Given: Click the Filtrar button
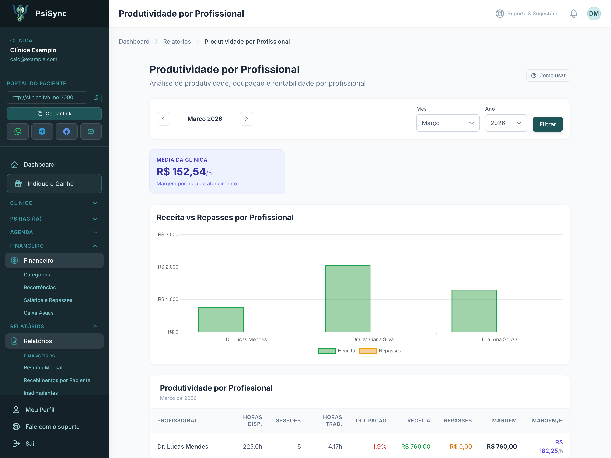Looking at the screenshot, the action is [x=548, y=124].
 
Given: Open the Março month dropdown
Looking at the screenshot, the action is [x=448, y=123].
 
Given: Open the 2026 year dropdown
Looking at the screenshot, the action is [x=506, y=123].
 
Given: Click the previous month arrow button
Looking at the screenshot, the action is [x=163, y=119].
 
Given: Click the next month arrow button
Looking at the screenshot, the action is [x=246, y=119].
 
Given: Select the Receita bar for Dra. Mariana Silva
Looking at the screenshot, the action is [x=348, y=298].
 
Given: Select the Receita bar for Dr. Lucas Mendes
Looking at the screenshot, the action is [x=221, y=319].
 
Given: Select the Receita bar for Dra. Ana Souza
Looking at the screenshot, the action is [x=474, y=311].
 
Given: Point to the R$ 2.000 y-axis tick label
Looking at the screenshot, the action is [x=168, y=267].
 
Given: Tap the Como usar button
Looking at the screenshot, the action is [x=548, y=75].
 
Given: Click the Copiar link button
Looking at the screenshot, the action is [x=54, y=113].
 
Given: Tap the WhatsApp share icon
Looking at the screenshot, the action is [x=18, y=131].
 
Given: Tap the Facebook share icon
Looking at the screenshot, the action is [x=67, y=131].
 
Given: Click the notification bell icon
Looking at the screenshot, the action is [x=573, y=14].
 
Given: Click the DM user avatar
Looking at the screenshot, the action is [x=594, y=14].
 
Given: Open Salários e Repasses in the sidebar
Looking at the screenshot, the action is [x=48, y=300].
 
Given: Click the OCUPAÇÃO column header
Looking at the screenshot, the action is [x=371, y=420].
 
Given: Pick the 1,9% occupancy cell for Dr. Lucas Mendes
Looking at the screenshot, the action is [x=380, y=446].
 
